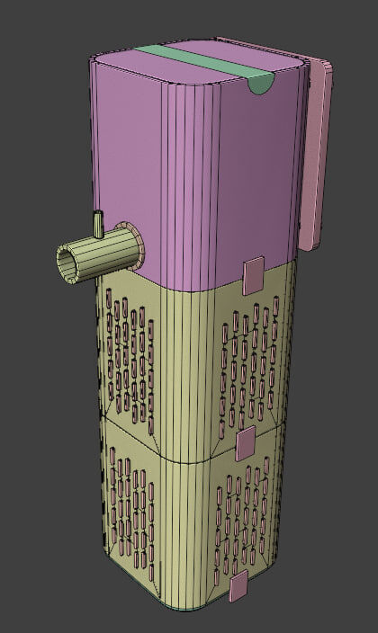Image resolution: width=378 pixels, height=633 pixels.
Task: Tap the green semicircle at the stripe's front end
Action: point(259,85)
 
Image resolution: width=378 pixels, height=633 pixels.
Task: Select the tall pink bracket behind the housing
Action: point(314,153)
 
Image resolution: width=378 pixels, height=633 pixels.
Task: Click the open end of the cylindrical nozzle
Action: point(67,262)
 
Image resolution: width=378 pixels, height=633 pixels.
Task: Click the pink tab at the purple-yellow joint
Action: point(253,274)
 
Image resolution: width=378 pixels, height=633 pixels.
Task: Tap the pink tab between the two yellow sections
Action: point(245,443)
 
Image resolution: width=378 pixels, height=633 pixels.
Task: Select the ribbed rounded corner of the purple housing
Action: point(193,180)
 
